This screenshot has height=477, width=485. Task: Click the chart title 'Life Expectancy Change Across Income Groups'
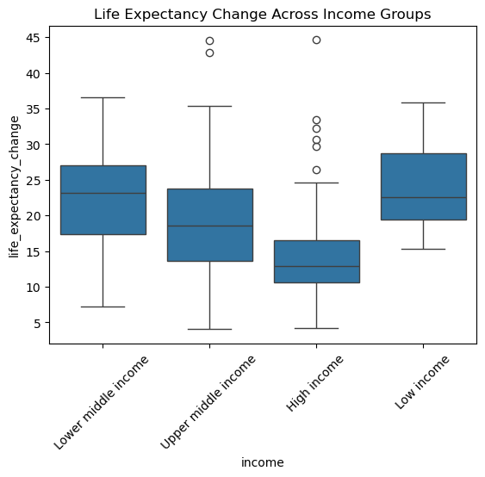point(262,15)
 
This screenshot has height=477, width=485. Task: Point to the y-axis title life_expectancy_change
point(15,187)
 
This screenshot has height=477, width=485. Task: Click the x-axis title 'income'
point(262,462)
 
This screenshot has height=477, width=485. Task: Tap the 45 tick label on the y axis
point(34,38)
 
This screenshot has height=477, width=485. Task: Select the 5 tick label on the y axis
point(37,323)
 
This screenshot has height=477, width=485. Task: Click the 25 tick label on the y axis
point(34,181)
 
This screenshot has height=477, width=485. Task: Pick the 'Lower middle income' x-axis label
point(101,402)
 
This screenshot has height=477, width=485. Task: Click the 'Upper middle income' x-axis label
point(208,402)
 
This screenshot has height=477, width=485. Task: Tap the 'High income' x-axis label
point(314,383)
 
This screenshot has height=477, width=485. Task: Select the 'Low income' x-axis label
point(422,382)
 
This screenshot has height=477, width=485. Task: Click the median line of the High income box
point(317,266)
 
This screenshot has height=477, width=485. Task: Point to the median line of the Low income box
point(424,197)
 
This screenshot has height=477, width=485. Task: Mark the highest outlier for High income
point(316,40)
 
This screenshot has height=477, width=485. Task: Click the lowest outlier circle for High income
point(316,170)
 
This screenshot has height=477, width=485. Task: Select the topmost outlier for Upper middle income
point(209,40)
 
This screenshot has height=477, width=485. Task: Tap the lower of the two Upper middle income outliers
point(209,53)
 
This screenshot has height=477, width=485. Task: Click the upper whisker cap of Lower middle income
point(103,97)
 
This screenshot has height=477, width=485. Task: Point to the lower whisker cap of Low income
point(424,249)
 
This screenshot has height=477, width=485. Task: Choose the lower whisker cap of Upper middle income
point(209,329)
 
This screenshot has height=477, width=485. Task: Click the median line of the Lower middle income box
point(103,193)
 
